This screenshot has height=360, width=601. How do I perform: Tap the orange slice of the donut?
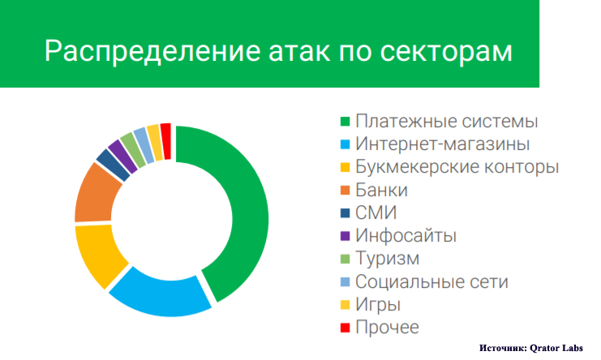[x=96, y=194]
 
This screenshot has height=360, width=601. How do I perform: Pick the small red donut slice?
[x=165, y=141]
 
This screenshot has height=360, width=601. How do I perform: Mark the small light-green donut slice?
[x=133, y=150]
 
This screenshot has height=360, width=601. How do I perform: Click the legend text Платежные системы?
[x=447, y=122]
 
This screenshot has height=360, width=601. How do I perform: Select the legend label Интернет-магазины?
[x=442, y=144]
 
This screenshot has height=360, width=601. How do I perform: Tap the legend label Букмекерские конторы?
[x=457, y=167]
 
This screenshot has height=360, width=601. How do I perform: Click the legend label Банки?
[x=381, y=190]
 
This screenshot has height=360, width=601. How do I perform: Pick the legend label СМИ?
[x=376, y=212]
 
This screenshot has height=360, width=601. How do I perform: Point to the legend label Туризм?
[x=387, y=259]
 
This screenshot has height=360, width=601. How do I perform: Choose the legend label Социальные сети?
[x=431, y=281]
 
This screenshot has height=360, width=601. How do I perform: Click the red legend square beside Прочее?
[x=345, y=328]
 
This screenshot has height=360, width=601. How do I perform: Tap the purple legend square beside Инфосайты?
[x=345, y=236]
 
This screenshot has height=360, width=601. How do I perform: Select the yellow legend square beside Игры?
[x=345, y=305]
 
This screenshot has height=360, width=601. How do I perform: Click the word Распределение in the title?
[x=153, y=51]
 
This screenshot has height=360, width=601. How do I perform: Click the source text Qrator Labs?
[x=556, y=348]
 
